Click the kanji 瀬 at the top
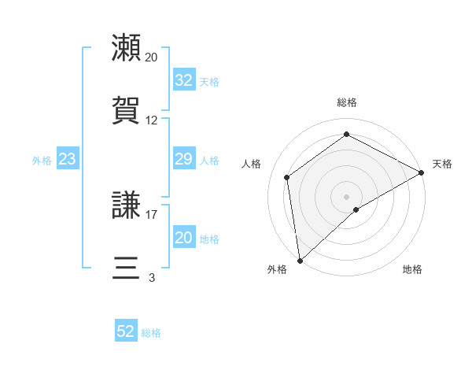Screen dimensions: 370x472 point(127,48)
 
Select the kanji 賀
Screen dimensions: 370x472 point(127,111)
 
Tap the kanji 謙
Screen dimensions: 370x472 point(127,205)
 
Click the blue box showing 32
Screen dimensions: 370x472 point(183,80)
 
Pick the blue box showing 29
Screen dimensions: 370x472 point(183,160)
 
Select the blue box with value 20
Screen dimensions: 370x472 point(183,239)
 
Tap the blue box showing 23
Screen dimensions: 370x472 point(67,160)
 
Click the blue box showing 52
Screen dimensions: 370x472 point(126,332)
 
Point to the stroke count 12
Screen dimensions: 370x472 point(152,120)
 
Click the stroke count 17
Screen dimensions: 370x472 point(152,214)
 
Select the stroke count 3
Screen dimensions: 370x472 point(152,277)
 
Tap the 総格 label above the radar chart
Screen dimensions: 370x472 point(347,102)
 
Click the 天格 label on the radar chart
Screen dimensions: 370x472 point(442,164)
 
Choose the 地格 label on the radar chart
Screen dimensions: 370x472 point(412,269)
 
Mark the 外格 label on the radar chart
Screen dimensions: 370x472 point(277,269)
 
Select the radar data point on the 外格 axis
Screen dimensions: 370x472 point(300,261)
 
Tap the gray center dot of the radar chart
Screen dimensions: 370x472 point(347,196)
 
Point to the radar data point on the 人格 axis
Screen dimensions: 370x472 point(287,177)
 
